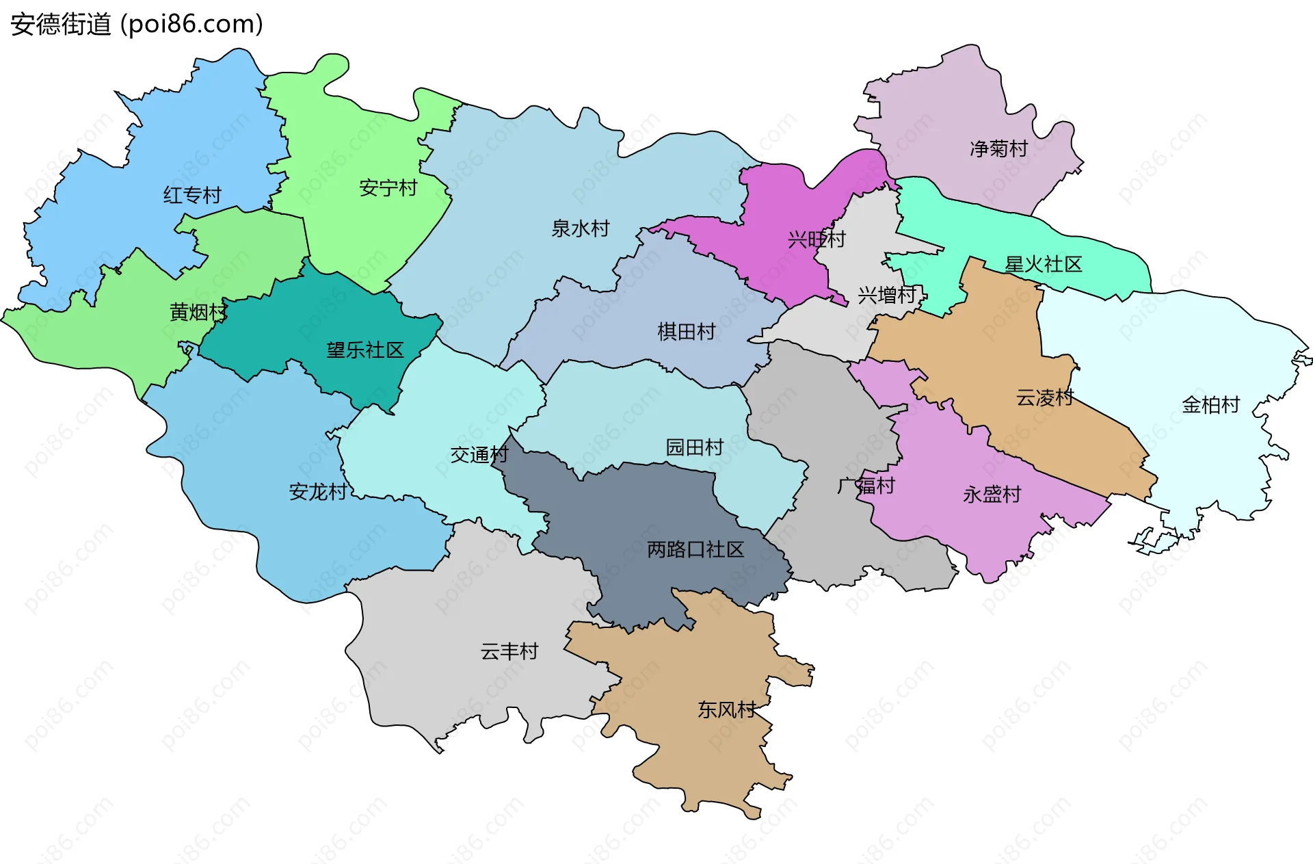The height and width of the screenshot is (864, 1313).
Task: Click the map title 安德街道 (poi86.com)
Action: pyautogui.click(x=137, y=25)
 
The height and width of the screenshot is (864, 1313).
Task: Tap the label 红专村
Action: pyautogui.click(x=192, y=196)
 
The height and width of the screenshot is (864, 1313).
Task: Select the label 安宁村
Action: pyautogui.click(x=388, y=188)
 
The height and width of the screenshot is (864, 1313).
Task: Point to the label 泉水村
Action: pyautogui.click(x=580, y=228)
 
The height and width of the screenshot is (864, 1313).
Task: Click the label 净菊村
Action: pyautogui.click(x=998, y=148)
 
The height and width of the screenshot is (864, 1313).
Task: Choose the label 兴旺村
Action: pyautogui.click(x=817, y=239)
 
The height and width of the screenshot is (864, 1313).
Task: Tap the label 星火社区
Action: pyautogui.click(x=1043, y=265)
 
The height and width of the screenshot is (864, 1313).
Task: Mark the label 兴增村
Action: pyautogui.click(x=887, y=296)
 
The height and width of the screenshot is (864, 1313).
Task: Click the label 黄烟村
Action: pyautogui.click(x=198, y=313)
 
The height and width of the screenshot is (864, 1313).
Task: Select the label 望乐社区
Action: pyautogui.click(x=365, y=350)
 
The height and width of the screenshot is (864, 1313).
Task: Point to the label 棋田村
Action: pyautogui.click(x=686, y=332)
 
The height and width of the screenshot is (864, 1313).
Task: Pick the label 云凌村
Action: pyautogui.click(x=1044, y=397)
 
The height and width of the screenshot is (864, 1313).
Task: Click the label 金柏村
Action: pyautogui.click(x=1210, y=405)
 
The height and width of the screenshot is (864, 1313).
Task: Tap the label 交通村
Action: pyautogui.click(x=479, y=455)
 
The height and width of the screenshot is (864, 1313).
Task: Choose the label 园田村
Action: pyautogui.click(x=694, y=447)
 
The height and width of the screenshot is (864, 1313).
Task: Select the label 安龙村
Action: pyautogui.click(x=318, y=492)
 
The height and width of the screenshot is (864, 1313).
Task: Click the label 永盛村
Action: pyautogui.click(x=992, y=495)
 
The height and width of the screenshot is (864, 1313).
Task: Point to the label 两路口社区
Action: pyautogui.click(x=695, y=549)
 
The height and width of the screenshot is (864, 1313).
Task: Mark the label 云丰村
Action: pyautogui.click(x=509, y=651)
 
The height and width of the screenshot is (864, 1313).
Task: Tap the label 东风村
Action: pyautogui.click(x=726, y=710)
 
